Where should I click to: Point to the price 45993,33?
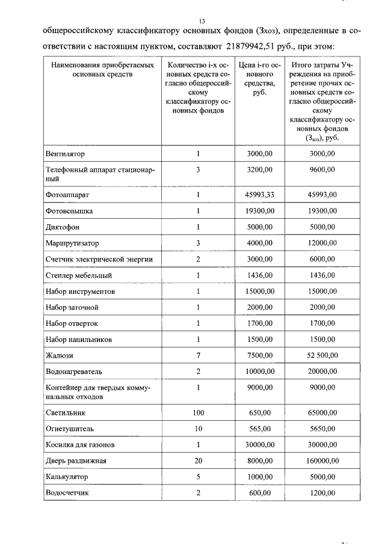coord(260,195)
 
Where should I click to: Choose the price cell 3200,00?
coord(260,170)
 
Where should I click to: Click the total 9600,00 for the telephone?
coord(322,170)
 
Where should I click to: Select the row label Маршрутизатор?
coord(73,243)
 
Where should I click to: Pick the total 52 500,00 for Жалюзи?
coord(322,355)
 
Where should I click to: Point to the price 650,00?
coord(260,413)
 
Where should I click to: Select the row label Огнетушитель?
coord(70,429)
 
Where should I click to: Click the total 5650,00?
coord(322,429)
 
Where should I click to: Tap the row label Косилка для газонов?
coord(80,445)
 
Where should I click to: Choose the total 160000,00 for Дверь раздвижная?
coord(322,461)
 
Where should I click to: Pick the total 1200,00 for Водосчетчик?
coord(322,493)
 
